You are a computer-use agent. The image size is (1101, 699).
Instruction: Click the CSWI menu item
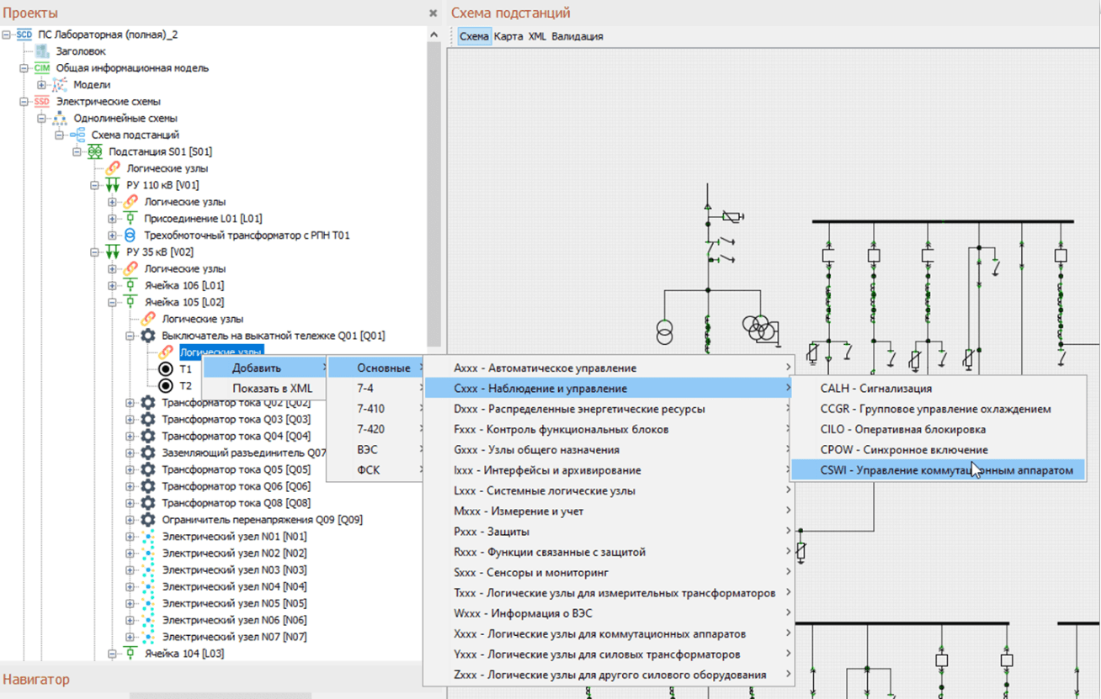(x=946, y=470)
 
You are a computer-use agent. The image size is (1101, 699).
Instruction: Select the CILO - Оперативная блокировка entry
(x=902, y=429)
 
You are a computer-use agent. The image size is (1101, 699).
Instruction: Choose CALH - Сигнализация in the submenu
(x=876, y=389)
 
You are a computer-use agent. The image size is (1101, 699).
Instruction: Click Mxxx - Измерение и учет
(x=519, y=511)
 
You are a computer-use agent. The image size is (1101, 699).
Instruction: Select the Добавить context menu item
(x=257, y=368)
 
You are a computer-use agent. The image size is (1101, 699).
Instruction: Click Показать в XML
(x=272, y=389)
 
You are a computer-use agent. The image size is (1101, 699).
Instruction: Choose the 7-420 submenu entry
(x=370, y=429)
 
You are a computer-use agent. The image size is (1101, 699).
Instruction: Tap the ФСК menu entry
(x=369, y=470)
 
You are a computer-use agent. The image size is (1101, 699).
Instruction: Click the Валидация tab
(x=577, y=36)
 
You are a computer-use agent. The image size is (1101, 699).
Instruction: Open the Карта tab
(x=508, y=36)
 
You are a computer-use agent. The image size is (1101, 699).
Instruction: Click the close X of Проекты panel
(x=433, y=13)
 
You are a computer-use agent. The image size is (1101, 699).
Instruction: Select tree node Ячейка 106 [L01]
(x=184, y=285)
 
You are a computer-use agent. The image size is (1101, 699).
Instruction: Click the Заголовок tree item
(x=81, y=51)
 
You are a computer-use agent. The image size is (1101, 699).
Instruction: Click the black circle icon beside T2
(x=166, y=386)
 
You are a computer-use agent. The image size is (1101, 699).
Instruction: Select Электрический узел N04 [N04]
(x=235, y=586)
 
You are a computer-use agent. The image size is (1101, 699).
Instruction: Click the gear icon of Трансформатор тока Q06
(x=148, y=486)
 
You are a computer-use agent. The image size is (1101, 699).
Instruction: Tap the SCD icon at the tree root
(x=24, y=34)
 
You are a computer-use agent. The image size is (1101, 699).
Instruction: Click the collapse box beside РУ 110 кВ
(x=94, y=185)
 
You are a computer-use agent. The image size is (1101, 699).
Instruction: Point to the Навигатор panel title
(x=36, y=680)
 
